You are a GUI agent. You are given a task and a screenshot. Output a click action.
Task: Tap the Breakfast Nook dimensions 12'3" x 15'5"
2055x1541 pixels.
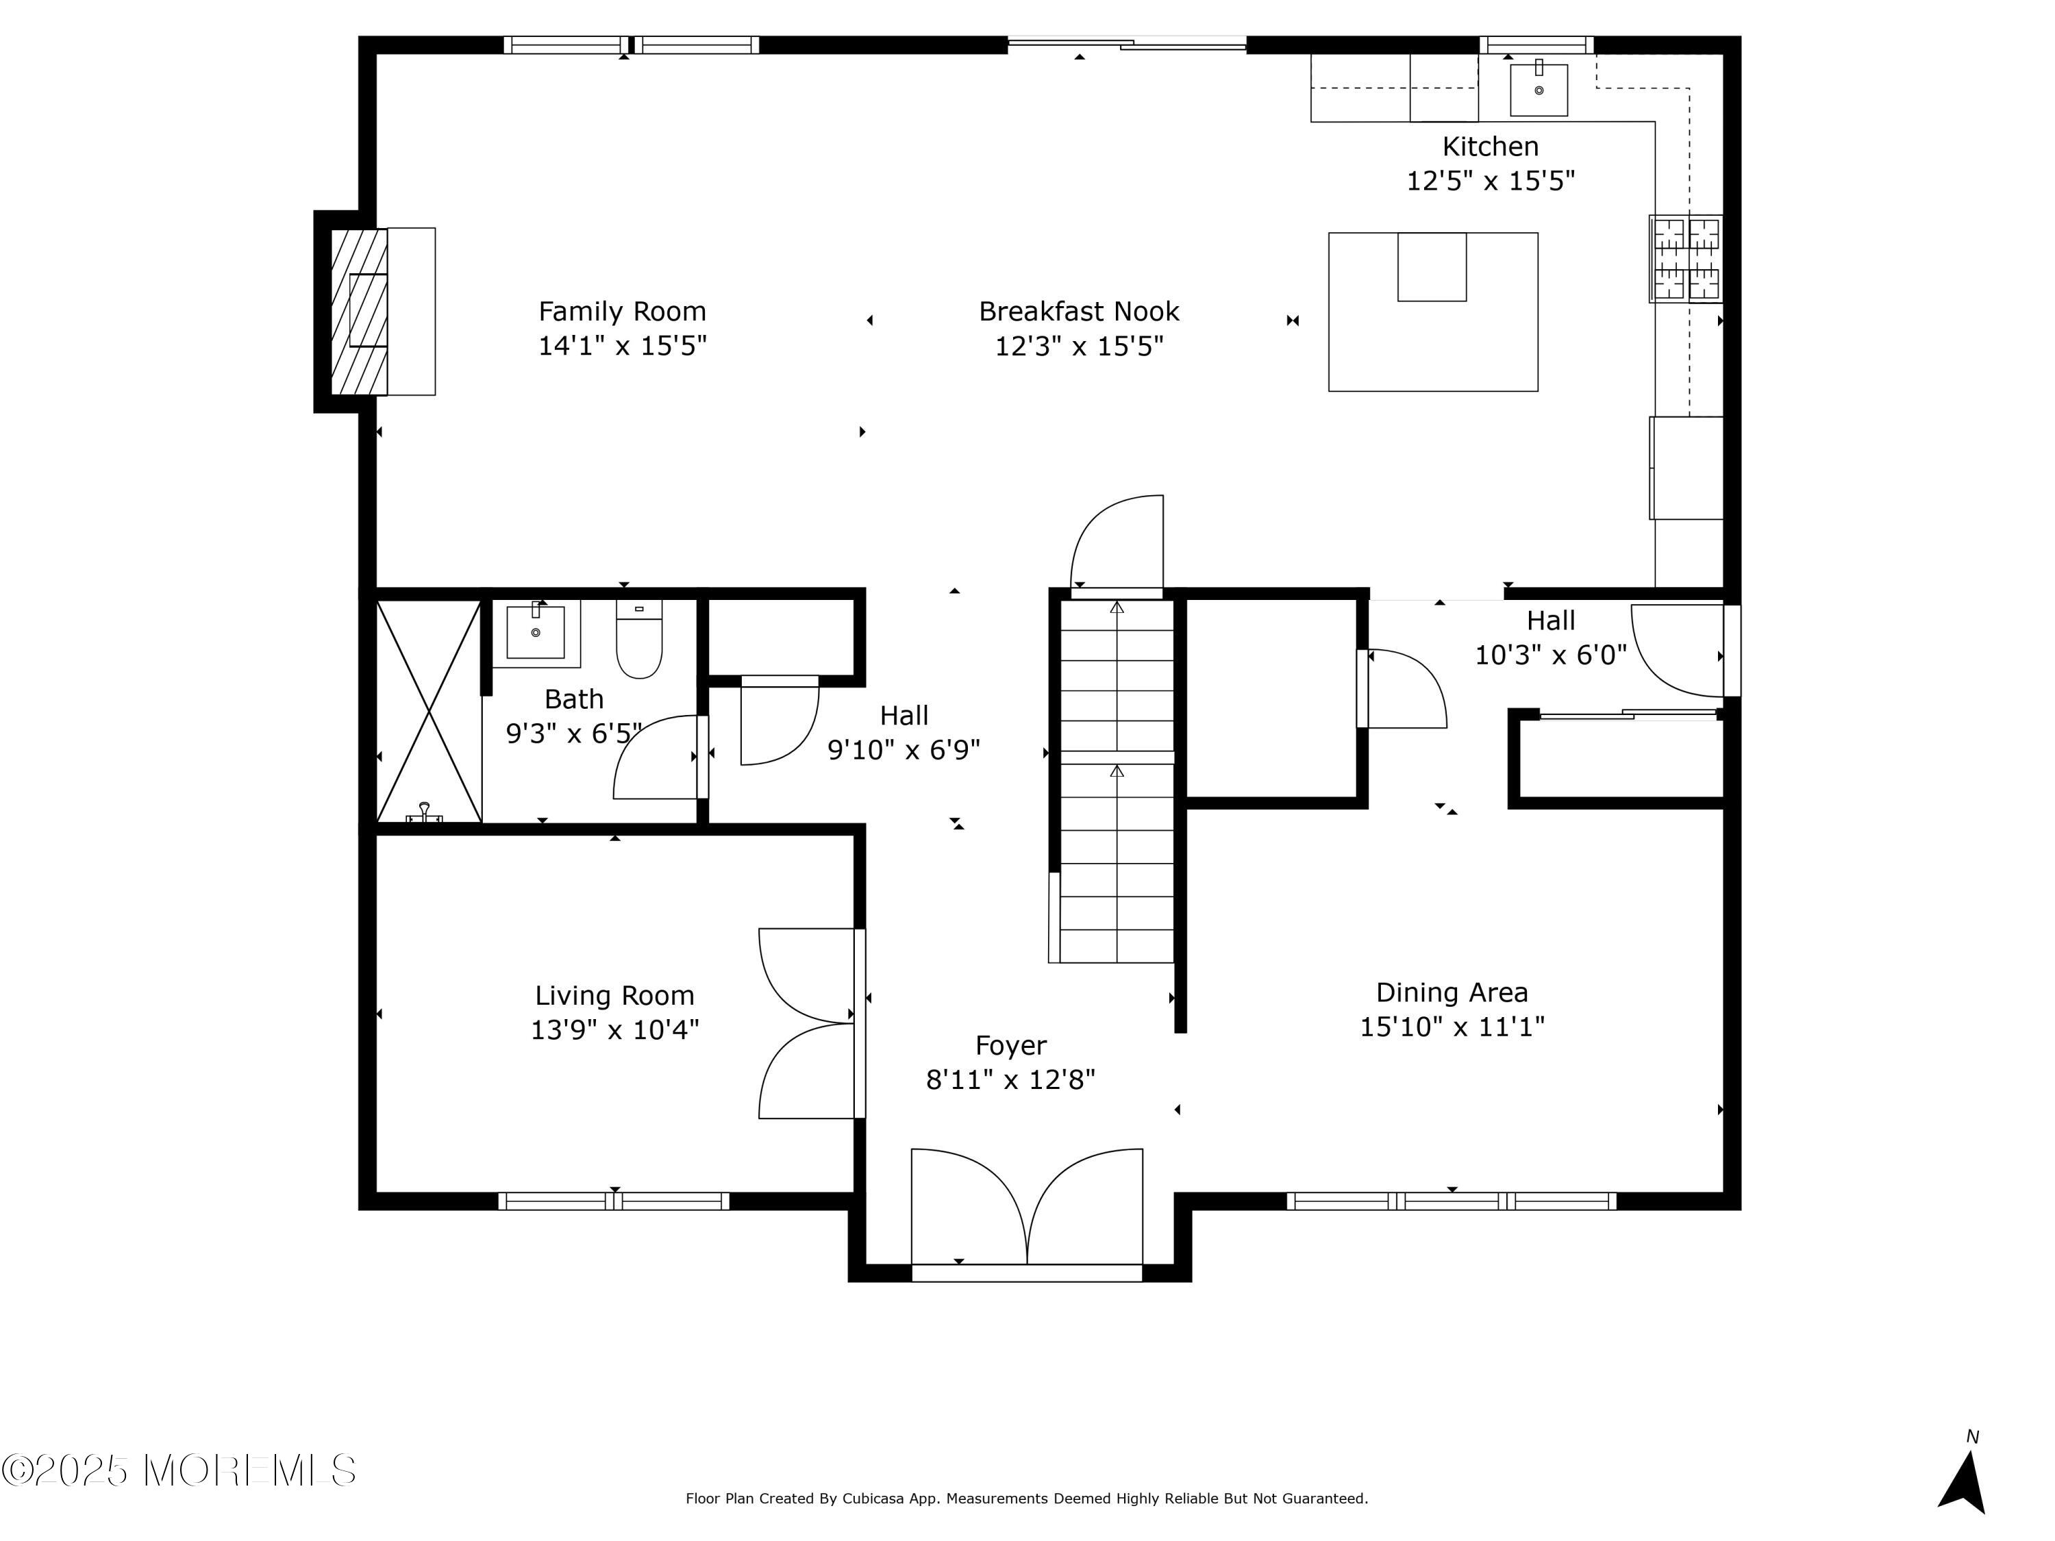click(1079, 347)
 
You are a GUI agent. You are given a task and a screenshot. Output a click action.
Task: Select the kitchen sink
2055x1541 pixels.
click(1539, 89)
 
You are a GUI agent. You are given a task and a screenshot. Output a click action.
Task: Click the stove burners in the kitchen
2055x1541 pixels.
click(1685, 259)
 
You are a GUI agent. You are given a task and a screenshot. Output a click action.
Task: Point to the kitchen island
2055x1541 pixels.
click(1432, 312)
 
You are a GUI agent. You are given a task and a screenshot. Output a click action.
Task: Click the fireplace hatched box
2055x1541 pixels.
click(359, 311)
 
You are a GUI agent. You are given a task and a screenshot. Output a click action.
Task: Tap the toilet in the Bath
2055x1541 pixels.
click(639, 639)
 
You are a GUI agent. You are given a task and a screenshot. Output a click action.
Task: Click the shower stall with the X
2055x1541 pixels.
click(428, 712)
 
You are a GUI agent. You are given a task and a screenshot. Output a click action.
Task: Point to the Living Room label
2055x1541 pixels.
click(614, 996)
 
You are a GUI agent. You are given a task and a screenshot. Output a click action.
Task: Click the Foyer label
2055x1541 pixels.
click(1011, 1046)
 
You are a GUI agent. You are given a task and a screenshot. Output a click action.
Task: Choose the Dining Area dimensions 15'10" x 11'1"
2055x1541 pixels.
click(1452, 1027)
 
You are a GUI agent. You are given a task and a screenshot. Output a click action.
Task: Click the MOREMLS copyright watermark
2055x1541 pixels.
click(178, 1470)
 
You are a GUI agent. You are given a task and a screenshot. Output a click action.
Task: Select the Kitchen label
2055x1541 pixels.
click(1490, 147)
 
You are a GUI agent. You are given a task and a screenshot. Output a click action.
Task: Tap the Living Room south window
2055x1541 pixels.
click(613, 1201)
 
